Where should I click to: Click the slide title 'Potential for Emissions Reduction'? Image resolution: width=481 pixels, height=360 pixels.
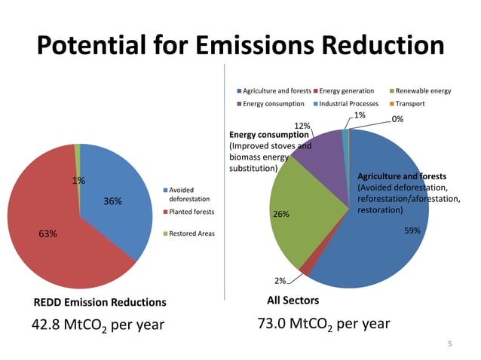pyautogui.click(x=240, y=47)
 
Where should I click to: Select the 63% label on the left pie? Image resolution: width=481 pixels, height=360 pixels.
pyautogui.click(x=48, y=234)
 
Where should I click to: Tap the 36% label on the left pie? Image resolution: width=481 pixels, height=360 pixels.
pyautogui.click(x=112, y=201)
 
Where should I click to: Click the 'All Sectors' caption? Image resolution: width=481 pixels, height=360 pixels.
pyautogui.click(x=293, y=301)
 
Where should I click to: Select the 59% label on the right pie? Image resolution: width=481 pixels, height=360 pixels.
pyautogui.click(x=412, y=230)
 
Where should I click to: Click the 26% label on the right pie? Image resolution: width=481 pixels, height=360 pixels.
pyautogui.click(x=281, y=214)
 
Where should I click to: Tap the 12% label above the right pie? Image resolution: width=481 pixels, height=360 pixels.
pyautogui.click(x=302, y=126)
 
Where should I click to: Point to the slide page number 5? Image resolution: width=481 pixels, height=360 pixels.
pyautogui.click(x=449, y=344)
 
